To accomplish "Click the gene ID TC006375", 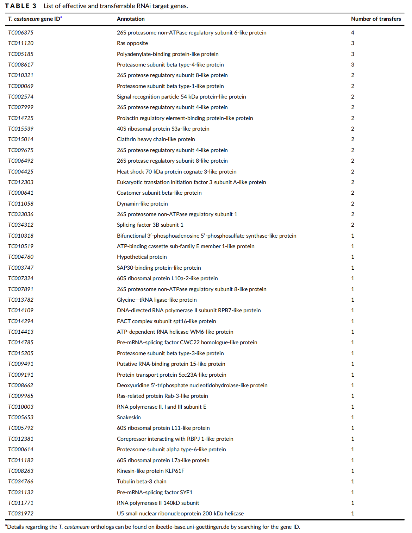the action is [21, 33].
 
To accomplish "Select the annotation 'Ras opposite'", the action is [132, 43].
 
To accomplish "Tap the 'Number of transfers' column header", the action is [376, 19].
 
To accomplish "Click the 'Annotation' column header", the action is [131, 19].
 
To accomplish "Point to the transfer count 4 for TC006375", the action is [352, 33].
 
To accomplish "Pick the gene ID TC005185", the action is [21, 54].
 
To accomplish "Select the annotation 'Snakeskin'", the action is [129, 418].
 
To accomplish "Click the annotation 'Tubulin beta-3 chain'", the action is [142, 482].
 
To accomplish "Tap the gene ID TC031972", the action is [21, 514].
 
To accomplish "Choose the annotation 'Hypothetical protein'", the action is [142, 257].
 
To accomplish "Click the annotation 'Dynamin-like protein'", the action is [142, 204].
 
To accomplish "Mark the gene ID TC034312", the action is [21, 225].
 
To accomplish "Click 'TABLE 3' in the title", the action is [21, 6].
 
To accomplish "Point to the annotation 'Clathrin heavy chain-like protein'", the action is [156, 139].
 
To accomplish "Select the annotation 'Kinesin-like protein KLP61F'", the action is [151, 471].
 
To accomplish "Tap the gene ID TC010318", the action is [21, 236].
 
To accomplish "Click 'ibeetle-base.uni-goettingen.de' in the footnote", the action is [193, 527].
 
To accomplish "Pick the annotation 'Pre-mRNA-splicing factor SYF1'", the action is [155, 493].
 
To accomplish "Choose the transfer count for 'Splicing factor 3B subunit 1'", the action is [352, 225].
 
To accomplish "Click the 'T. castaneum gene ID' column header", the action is [35, 19].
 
